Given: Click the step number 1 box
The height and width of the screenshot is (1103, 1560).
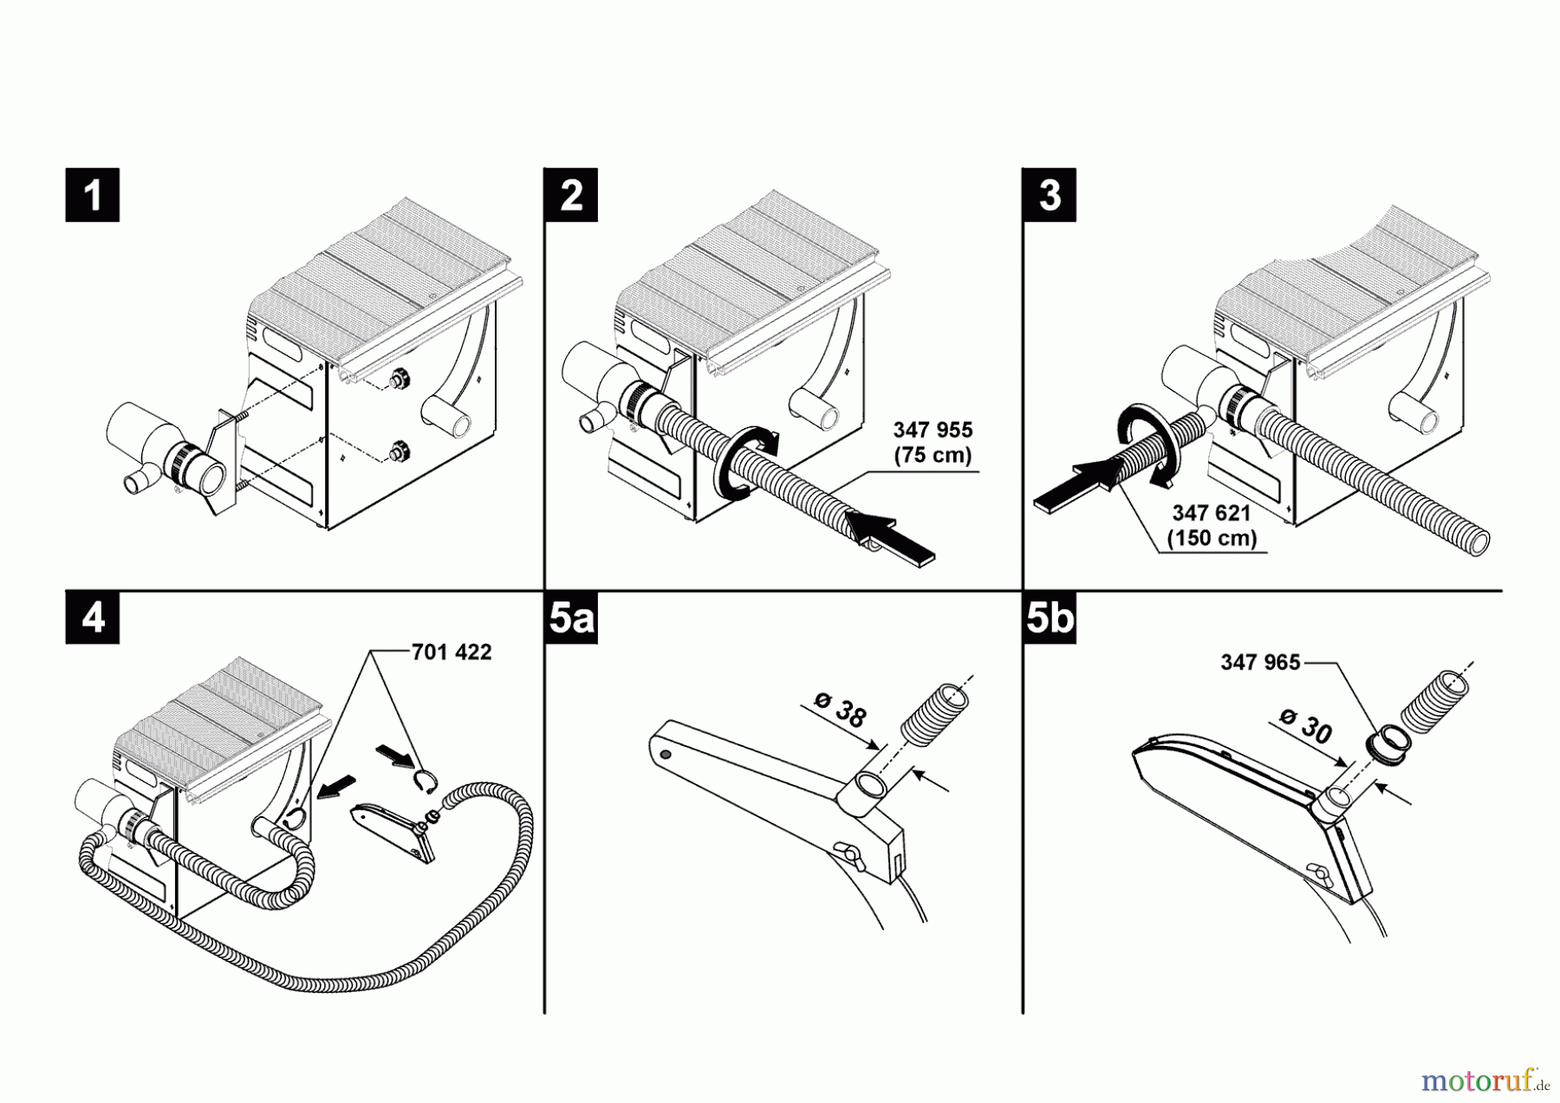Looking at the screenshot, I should [92, 195].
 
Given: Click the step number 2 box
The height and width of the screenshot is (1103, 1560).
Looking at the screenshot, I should [571, 195].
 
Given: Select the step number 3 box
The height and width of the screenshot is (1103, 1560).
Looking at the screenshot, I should [1050, 195].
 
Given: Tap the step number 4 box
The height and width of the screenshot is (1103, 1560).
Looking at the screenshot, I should [92, 618].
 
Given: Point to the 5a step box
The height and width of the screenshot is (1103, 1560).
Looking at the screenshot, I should [571, 618].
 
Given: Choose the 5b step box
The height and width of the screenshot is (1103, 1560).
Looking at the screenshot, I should [1050, 618].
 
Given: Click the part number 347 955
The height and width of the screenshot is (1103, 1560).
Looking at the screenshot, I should [933, 430].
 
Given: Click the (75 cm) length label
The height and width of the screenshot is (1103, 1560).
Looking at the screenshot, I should [933, 455].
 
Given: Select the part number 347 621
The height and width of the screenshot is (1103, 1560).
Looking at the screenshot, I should [1212, 513].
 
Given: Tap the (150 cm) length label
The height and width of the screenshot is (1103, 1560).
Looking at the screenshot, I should [1212, 538].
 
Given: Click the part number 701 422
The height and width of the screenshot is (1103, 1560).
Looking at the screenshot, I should [451, 652].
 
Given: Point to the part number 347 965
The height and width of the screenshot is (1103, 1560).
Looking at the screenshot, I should [1260, 662].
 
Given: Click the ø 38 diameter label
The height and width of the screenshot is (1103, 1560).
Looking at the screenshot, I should [840, 712].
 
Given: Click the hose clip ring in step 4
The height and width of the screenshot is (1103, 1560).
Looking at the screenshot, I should [424, 781].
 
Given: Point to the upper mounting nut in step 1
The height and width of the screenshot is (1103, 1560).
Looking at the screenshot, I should [400, 379].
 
